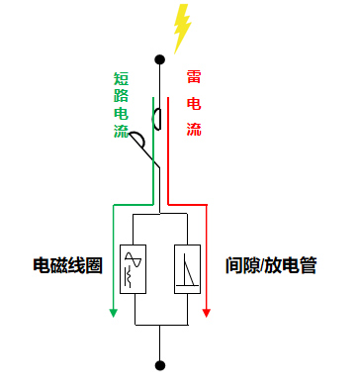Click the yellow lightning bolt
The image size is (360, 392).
(x=180, y=28)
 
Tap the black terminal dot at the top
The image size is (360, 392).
(x=159, y=60)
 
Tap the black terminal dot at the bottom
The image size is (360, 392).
(x=159, y=365)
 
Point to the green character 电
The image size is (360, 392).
(x=121, y=115)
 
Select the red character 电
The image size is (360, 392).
(x=195, y=103)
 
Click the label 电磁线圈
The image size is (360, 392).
(x=67, y=266)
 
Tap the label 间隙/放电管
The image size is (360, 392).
(x=270, y=266)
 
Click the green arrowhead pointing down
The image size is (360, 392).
(x=112, y=313)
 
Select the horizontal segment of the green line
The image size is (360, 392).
(x=133, y=204)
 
